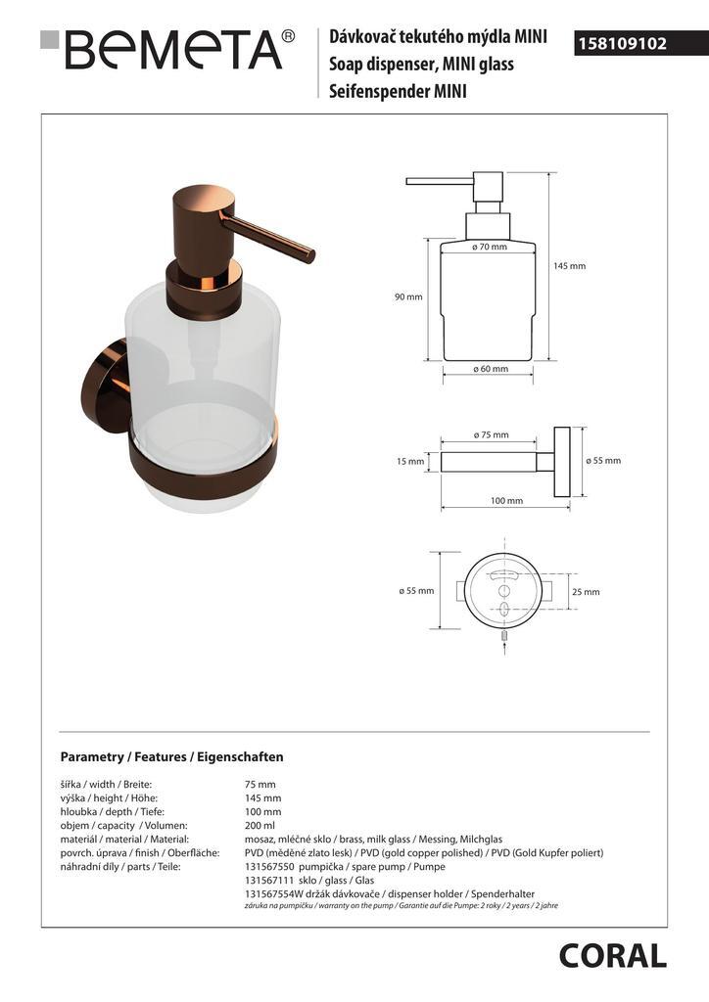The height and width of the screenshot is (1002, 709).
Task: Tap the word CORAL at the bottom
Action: click(x=612, y=957)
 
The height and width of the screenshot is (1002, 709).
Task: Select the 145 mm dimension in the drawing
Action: click(x=569, y=266)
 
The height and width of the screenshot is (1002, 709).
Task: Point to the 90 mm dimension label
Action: click(x=408, y=296)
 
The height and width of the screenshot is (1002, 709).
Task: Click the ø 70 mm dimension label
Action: click(x=490, y=247)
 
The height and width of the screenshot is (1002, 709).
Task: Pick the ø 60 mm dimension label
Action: click(x=491, y=369)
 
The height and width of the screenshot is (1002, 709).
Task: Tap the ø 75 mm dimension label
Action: click(x=491, y=434)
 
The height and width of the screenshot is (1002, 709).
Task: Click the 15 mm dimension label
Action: click(x=410, y=462)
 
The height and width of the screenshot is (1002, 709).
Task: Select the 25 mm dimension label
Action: click(x=586, y=592)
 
